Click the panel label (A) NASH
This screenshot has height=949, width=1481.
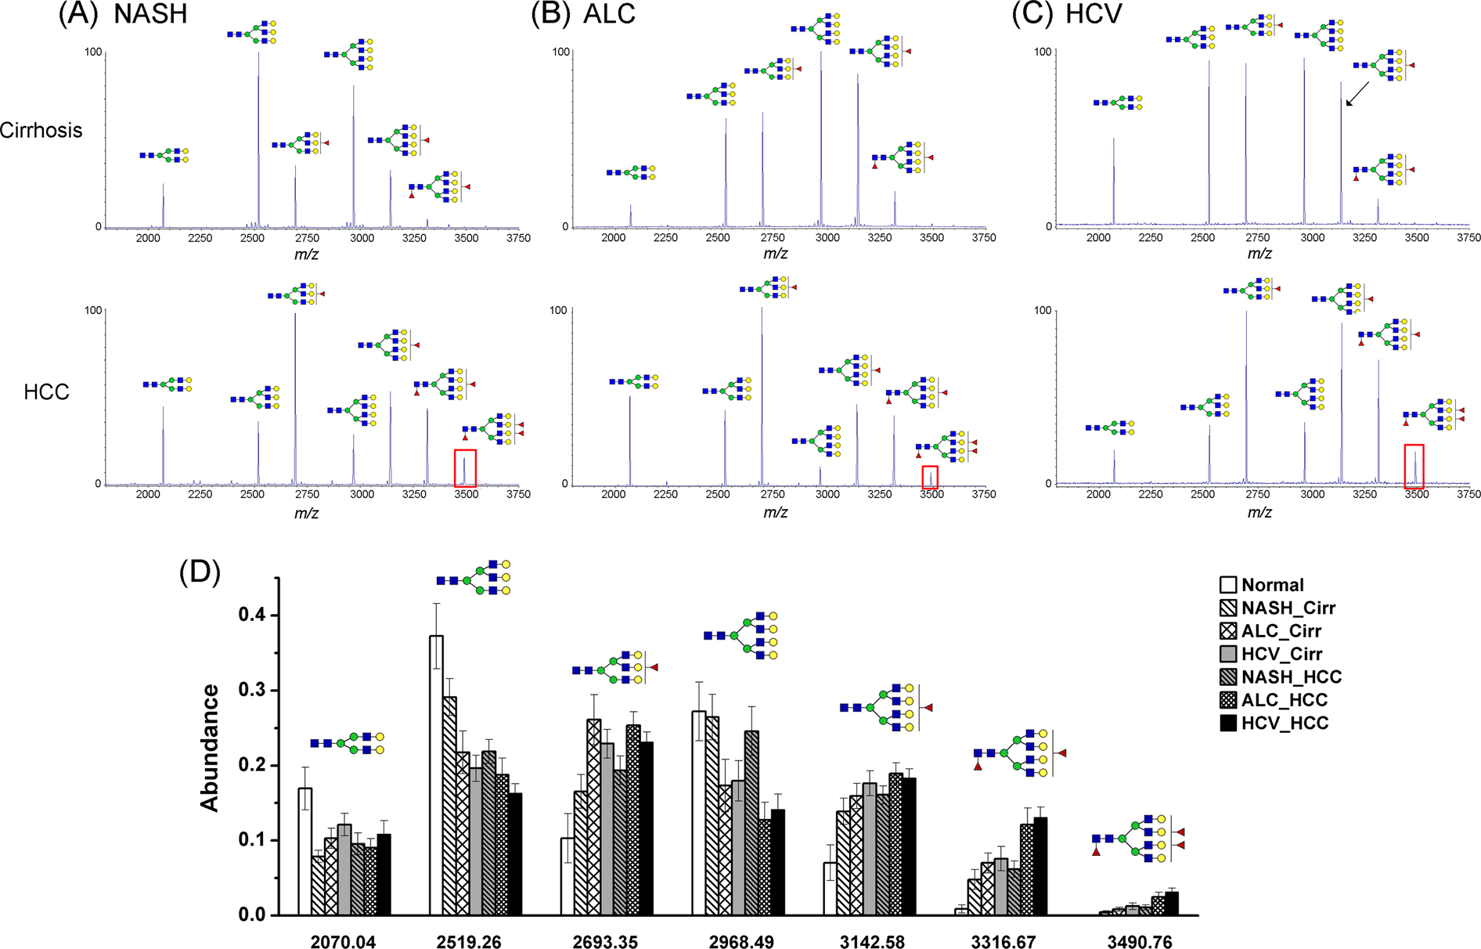(x=123, y=14)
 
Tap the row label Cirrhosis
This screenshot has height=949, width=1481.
(x=41, y=130)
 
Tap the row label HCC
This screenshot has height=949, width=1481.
(x=46, y=392)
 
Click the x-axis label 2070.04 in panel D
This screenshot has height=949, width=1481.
(x=344, y=942)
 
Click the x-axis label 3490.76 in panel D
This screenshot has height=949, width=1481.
(x=1139, y=942)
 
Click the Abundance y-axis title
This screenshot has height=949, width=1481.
(x=209, y=747)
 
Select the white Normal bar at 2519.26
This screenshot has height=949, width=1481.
(x=436, y=775)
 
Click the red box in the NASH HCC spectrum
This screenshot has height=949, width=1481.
(x=465, y=467)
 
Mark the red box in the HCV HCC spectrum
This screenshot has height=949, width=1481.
(x=1414, y=466)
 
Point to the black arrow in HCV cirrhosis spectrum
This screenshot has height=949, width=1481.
(x=1357, y=94)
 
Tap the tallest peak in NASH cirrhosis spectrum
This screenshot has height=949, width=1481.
(x=258, y=141)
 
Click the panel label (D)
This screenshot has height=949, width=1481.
(x=200, y=573)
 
